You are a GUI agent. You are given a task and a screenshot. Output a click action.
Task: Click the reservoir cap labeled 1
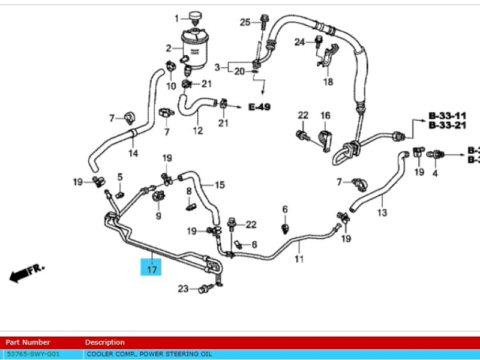196,16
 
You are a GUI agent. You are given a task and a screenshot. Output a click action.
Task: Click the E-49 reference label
259,107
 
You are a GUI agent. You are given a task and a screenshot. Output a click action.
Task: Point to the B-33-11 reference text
447,115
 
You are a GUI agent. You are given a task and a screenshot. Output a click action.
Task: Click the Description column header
105,342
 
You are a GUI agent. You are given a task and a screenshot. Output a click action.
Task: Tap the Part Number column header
28,342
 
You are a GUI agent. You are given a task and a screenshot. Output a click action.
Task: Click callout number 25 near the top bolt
245,23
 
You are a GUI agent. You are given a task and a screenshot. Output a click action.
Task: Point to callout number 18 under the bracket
328,82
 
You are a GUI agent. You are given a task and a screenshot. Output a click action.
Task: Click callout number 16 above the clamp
325,115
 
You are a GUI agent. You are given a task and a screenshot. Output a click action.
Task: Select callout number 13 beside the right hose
382,212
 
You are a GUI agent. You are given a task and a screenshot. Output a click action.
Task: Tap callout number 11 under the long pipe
299,259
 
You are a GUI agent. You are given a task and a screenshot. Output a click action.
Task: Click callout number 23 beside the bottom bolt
183,289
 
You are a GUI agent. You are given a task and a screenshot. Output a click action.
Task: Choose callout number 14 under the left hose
133,154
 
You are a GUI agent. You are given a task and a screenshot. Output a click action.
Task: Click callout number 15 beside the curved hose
220,185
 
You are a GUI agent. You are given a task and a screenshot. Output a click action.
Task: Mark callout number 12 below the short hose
198,130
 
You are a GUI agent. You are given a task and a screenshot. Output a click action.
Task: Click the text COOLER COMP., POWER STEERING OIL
149,354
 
